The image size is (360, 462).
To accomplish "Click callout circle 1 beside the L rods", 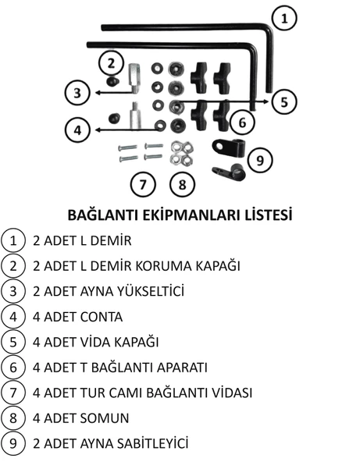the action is point(284,18).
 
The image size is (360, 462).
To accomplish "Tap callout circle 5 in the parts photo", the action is point(284,102).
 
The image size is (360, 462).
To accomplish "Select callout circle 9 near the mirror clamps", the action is point(259,161).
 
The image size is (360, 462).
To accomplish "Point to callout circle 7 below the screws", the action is point(143,184).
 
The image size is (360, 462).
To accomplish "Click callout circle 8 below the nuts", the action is point(182,184).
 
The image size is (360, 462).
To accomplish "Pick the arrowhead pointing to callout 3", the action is point(98,93).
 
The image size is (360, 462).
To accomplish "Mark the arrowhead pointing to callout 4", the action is point(98,130).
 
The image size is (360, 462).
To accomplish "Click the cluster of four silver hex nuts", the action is point(182,153).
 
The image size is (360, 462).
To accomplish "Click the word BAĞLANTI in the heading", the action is point(103,215).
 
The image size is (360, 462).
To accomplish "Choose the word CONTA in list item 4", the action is point(102,317).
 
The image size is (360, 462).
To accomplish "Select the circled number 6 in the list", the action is point(13,368).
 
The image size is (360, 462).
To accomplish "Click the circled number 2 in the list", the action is point(13,266).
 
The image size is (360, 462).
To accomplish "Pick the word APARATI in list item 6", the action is point(182,368).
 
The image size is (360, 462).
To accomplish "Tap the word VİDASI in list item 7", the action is point(231,393).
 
